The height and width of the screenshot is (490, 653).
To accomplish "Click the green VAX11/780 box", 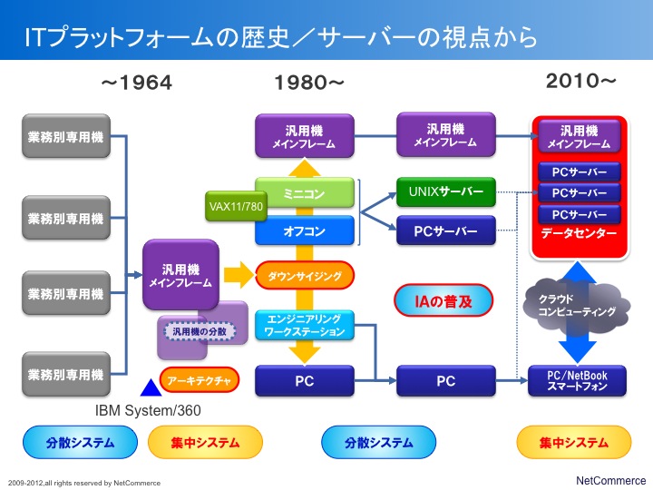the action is pyautogui.click(x=236, y=206).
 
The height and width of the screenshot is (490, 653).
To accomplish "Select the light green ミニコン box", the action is pyautogui.click(x=305, y=193).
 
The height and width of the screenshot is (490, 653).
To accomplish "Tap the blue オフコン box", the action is pyautogui.click(x=305, y=230).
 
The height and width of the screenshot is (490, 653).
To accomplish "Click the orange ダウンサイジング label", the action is pyautogui.click(x=305, y=276).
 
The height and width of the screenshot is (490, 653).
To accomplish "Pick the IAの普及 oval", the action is pyautogui.click(x=443, y=300).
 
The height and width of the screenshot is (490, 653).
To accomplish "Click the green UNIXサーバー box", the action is pyautogui.click(x=446, y=191).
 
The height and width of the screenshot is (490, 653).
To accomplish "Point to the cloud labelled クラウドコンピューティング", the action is pyautogui.click(x=577, y=307).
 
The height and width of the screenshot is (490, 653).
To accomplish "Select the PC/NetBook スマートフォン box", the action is pyautogui.click(x=577, y=380).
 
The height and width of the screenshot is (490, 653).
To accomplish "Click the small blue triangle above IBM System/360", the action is pyautogui.click(x=151, y=388).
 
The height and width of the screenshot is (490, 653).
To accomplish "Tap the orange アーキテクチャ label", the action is pyautogui.click(x=199, y=380).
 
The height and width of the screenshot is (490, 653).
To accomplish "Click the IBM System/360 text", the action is pyautogui.click(x=148, y=411).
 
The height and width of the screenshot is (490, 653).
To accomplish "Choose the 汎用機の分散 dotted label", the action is pyautogui.click(x=199, y=332).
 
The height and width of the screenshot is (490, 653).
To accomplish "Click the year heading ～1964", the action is pyautogui.click(x=137, y=83).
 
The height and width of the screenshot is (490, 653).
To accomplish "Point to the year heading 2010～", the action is pyautogui.click(x=580, y=81).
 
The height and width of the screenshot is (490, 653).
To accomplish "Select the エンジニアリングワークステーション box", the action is pyautogui.click(x=305, y=326).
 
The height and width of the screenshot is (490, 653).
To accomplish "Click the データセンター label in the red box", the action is pyautogui.click(x=579, y=233).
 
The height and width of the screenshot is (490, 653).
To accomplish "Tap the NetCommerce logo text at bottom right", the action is pyautogui.click(x=610, y=480).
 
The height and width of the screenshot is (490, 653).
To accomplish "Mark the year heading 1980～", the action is pyautogui.click(x=309, y=83).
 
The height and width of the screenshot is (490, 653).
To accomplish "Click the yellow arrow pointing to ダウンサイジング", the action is pyautogui.click(x=239, y=275).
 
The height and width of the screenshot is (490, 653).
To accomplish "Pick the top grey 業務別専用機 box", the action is pyautogui.click(x=66, y=136).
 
